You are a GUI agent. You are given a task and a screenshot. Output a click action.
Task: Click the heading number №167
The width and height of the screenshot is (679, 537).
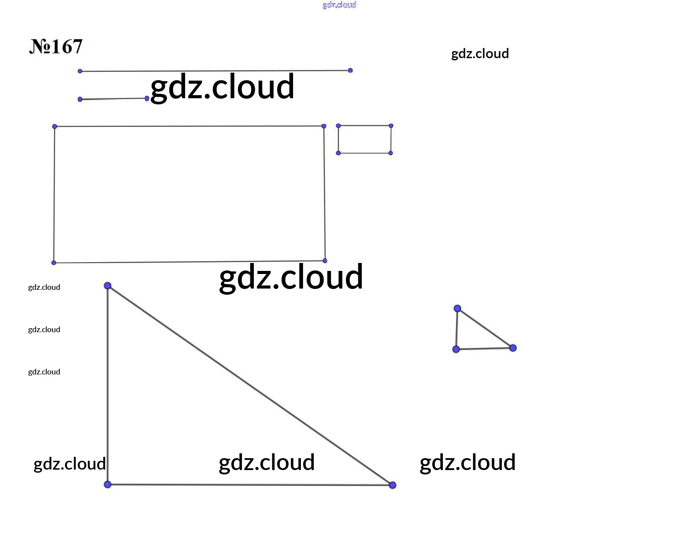click(56, 47)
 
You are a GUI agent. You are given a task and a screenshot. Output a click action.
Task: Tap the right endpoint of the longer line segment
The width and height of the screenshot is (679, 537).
click(350, 70)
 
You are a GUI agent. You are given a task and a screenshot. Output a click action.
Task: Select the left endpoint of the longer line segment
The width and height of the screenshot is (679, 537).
click(80, 71)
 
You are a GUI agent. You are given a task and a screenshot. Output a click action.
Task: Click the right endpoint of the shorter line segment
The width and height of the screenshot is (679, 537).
click(147, 98)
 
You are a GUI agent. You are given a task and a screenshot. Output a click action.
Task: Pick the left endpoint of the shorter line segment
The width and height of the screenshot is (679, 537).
click(80, 100)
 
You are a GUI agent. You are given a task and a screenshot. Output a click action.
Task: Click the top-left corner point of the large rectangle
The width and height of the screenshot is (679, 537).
click(55, 126)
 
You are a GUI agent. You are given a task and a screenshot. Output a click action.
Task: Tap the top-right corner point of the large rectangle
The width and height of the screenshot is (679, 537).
click(324, 126)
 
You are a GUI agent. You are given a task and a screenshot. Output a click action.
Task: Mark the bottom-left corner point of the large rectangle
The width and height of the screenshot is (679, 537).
click(54, 263)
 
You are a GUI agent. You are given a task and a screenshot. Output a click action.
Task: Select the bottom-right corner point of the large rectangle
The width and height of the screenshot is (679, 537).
click(325, 261)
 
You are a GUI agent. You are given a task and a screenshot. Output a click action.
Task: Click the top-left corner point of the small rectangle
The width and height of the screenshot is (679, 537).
click(338, 126)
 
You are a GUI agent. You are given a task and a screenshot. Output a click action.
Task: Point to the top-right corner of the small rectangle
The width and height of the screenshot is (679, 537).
click(391, 126)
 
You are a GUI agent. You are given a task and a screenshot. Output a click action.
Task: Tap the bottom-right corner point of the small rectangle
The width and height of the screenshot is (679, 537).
click(391, 153)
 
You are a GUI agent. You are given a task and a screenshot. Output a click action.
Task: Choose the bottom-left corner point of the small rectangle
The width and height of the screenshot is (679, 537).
click(338, 153)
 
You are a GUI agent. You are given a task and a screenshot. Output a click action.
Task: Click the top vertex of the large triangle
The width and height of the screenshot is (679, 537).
click(108, 286)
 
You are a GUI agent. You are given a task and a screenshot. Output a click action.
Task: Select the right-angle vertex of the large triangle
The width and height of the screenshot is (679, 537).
click(108, 484)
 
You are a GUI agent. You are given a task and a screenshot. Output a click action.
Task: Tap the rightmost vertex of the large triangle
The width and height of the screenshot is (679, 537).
click(393, 485)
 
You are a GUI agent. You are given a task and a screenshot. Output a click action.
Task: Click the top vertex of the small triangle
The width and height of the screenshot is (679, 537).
click(457, 308)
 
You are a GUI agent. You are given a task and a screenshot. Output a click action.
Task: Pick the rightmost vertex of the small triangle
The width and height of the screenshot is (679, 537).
click(513, 348)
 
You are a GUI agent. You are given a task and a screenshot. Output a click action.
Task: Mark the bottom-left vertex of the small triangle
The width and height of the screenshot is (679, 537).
click(456, 349)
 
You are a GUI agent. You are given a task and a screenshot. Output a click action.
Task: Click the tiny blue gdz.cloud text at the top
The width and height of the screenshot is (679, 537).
click(339, 5)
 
